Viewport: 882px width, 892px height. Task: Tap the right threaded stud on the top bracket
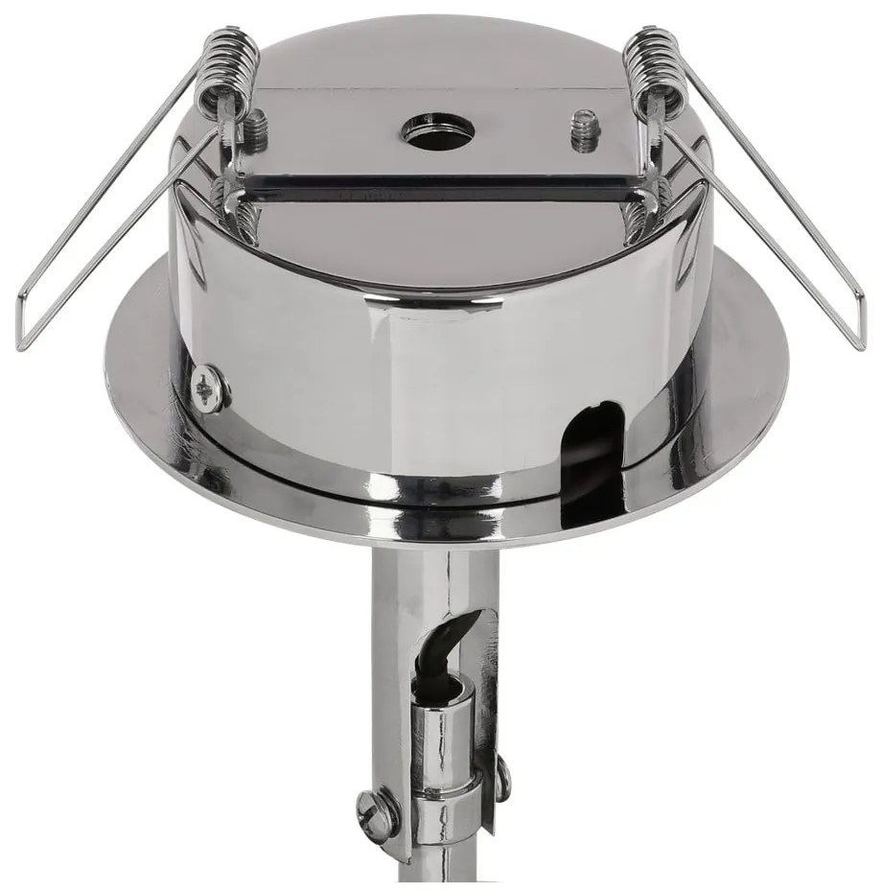tap(584, 130)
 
